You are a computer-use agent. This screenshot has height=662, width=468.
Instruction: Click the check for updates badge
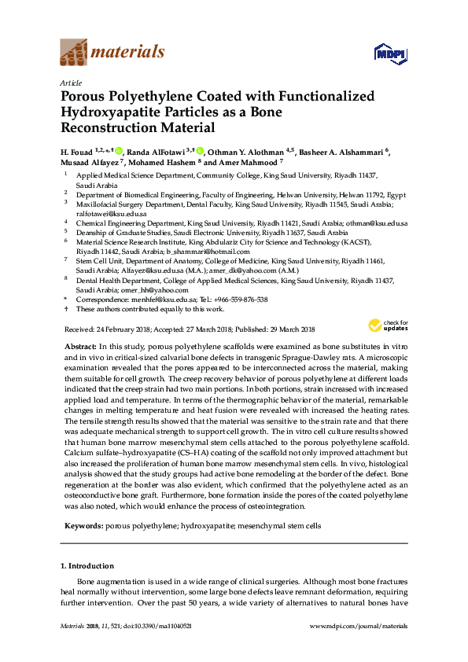(x=384, y=326)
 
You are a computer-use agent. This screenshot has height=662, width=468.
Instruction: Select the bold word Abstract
(x=81, y=347)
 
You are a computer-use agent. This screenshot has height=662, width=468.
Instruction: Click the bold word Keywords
(x=81, y=524)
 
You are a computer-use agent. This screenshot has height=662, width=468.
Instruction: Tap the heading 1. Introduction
(x=87, y=565)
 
